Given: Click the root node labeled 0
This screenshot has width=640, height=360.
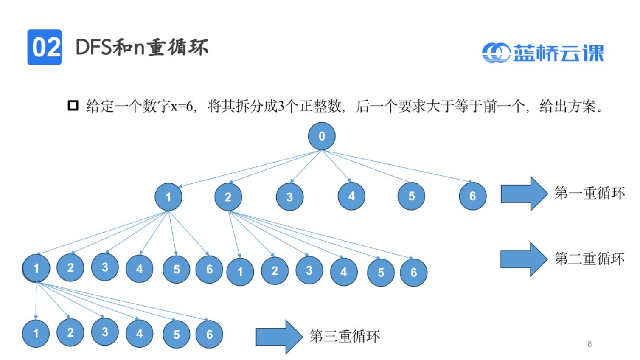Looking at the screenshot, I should pyautogui.click(x=322, y=136).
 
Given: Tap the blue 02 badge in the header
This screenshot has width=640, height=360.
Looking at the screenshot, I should pyautogui.click(x=45, y=47).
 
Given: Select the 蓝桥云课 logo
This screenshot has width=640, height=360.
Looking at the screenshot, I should pyautogui.click(x=543, y=53).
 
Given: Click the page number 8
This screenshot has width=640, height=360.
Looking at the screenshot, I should pyautogui.click(x=589, y=344).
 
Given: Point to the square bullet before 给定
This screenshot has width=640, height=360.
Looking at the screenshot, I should pyautogui.click(x=73, y=105).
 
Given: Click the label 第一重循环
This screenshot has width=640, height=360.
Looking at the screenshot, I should pyautogui.click(x=589, y=193).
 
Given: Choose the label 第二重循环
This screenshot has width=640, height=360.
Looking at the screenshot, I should pyautogui.click(x=589, y=259).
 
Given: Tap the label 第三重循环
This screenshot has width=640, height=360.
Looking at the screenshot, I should pyautogui.click(x=345, y=336).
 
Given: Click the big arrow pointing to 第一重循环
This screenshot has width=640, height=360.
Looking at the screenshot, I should pyautogui.click(x=524, y=194).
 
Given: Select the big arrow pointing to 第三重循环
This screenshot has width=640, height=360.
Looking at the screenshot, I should pyautogui.click(x=279, y=337).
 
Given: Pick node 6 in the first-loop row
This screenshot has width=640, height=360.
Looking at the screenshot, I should pyautogui.click(x=472, y=196).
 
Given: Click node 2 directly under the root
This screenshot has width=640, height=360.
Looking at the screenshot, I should pyautogui.click(x=228, y=197).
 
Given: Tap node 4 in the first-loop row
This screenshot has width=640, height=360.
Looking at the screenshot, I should pyautogui.click(x=351, y=196).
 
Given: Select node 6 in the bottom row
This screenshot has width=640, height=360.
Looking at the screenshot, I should pyautogui.click(x=209, y=335).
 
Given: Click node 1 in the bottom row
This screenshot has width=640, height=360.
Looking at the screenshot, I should pyautogui.click(x=36, y=334).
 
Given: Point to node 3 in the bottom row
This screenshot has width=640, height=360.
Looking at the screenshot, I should pyautogui.click(x=105, y=332).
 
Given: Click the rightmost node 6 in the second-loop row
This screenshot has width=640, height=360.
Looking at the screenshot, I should pyautogui.click(x=413, y=273).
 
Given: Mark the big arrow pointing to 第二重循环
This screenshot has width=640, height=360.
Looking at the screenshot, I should pyautogui.click(x=524, y=259).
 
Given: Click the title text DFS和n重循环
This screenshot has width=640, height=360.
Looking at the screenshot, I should pyautogui.click(x=142, y=47).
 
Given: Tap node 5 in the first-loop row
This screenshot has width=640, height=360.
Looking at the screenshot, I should pyautogui.click(x=411, y=196).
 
